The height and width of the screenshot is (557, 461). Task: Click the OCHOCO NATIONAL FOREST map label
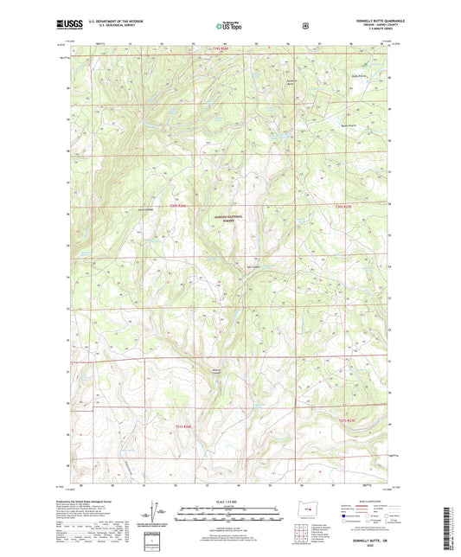pos(229,220)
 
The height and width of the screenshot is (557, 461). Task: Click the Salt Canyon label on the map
pos(253,266)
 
